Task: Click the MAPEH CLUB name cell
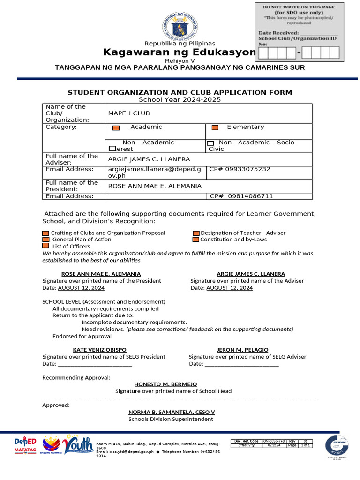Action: [x=129, y=113]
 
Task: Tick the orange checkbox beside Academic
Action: [x=116, y=127]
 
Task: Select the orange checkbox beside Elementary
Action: [x=215, y=127]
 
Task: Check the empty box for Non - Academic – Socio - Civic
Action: [x=210, y=143]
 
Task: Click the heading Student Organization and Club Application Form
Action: [x=180, y=92]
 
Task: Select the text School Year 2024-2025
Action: [x=180, y=99]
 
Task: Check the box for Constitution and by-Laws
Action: [x=196, y=240]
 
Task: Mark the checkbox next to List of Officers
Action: [x=45, y=246]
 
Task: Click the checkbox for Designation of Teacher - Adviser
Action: [x=196, y=233]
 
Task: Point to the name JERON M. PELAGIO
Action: [x=242, y=350]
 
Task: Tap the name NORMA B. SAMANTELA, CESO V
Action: [x=172, y=412]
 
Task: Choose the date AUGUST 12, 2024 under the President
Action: [x=81, y=288]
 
